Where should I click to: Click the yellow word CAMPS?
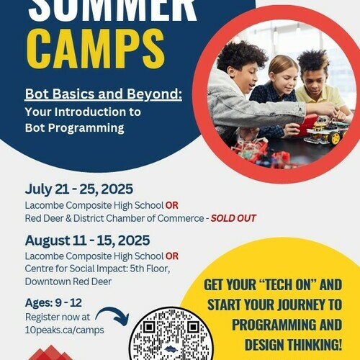click(x=96, y=50)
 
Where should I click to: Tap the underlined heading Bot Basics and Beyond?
click(x=104, y=94)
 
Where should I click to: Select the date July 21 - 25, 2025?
click(x=79, y=189)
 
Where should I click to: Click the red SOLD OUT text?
click(x=233, y=218)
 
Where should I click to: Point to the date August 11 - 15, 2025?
click(x=87, y=240)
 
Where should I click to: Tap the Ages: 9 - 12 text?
click(x=53, y=303)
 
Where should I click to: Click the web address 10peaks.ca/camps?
click(x=65, y=330)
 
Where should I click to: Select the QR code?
click(x=171, y=335)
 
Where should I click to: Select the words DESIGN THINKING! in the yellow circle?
click(x=293, y=345)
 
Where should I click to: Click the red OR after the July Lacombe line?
click(x=172, y=205)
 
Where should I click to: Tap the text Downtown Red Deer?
click(x=68, y=282)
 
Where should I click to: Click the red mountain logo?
click(x=50, y=353)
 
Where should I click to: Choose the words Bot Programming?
click(x=75, y=128)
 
